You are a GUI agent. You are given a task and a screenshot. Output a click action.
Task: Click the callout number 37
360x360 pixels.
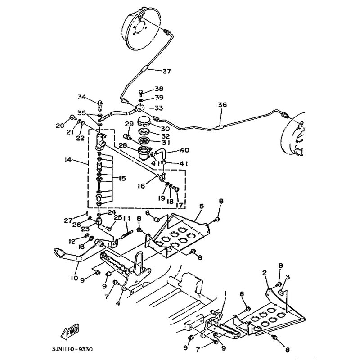click(x=167, y=71)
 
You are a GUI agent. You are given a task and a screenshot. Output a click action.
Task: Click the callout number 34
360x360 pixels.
click(x=81, y=97)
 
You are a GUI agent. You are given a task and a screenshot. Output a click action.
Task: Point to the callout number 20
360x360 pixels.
click(x=61, y=126)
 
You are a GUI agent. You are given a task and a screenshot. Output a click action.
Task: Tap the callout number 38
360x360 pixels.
click(x=159, y=89)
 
